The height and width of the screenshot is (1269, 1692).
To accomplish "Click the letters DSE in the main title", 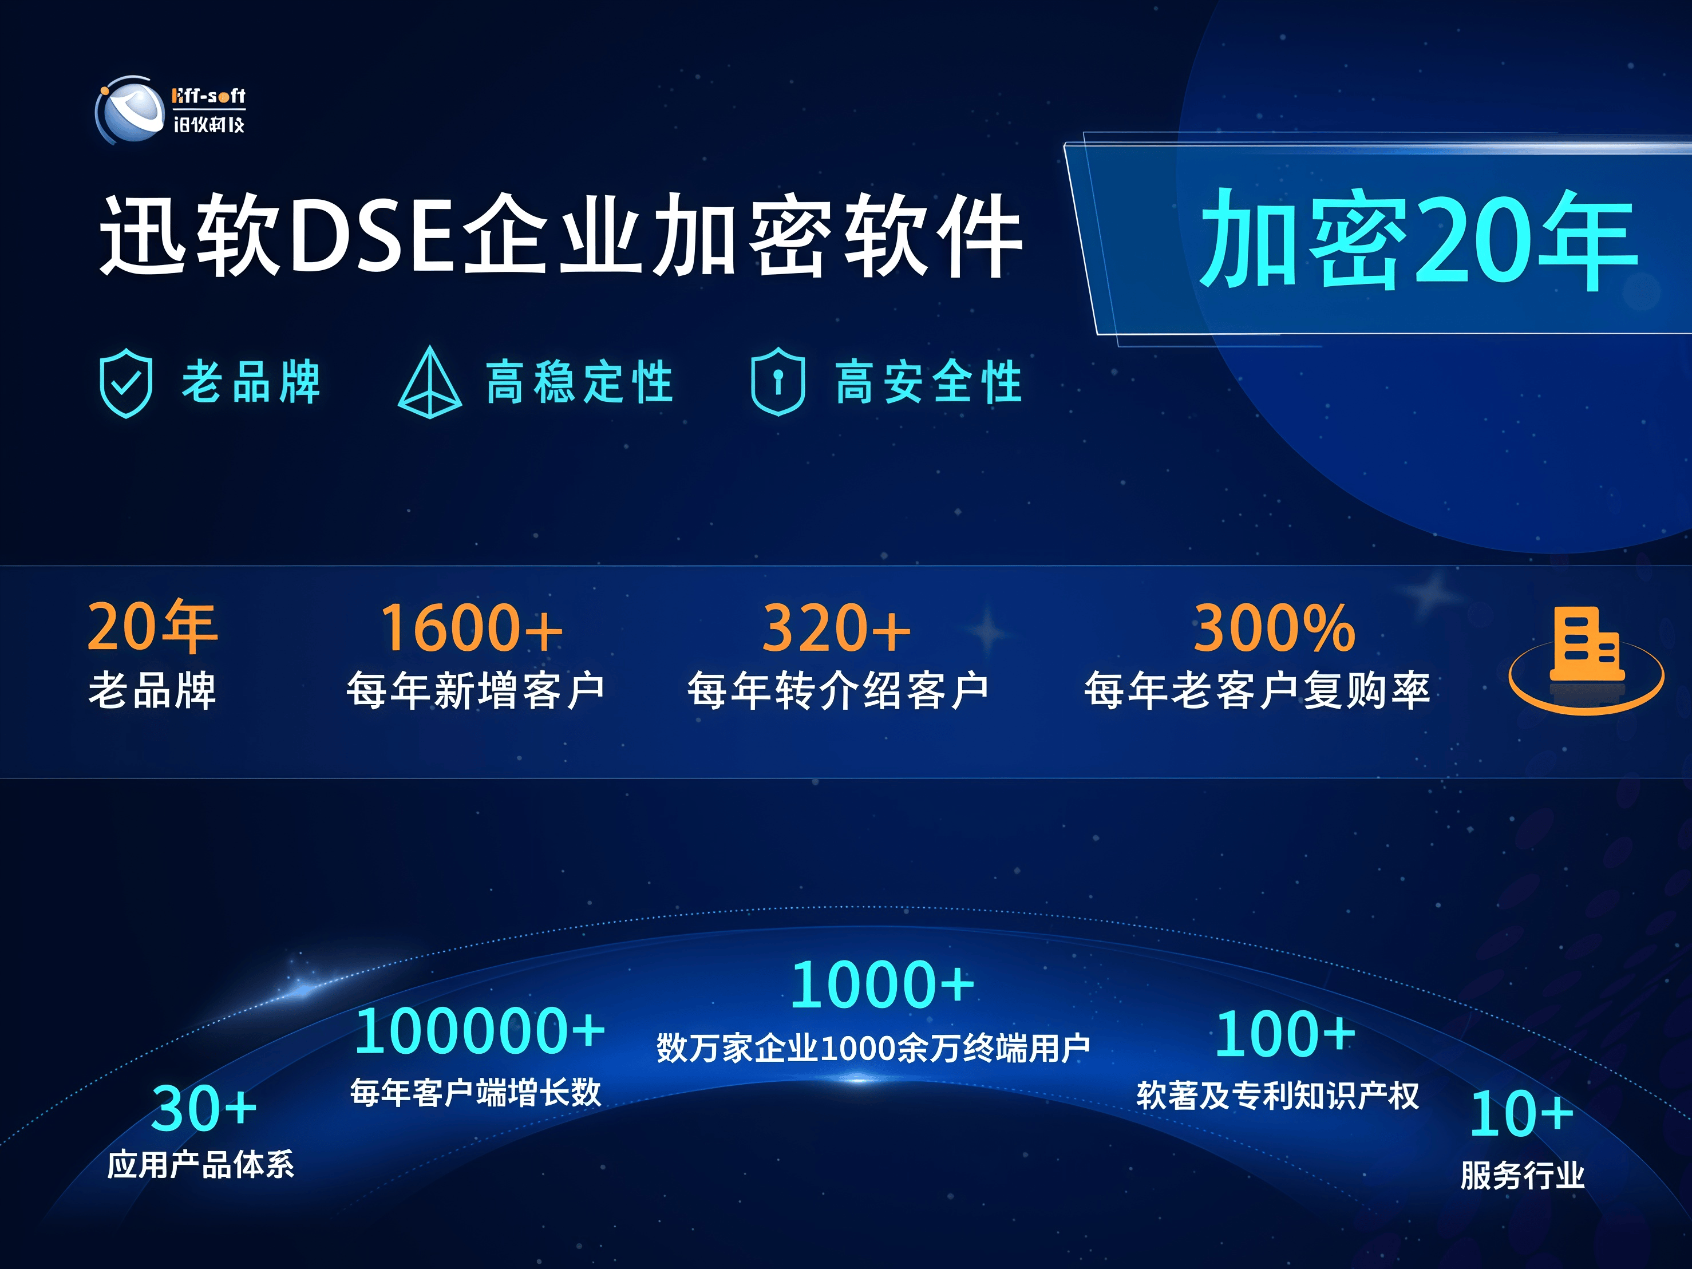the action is click(x=375, y=234).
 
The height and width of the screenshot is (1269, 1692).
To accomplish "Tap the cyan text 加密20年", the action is click(x=1419, y=239).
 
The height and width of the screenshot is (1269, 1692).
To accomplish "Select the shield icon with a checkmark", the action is click(x=126, y=382).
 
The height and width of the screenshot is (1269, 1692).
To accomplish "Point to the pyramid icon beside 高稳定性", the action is click(x=430, y=382).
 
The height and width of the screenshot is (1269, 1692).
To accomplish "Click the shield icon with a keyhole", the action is click(x=778, y=381).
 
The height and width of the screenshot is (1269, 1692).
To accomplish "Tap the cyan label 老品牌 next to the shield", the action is click(x=251, y=381).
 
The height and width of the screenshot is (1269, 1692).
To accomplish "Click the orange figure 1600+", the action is click(x=472, y=628).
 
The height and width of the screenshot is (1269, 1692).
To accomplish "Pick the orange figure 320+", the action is click(x=836, y=628).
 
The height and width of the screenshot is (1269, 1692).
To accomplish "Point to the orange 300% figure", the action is click(x=1274, y=628).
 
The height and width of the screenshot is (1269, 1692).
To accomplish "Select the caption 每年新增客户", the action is click(x=476, y=690).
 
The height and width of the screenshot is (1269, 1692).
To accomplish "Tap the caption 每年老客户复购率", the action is click(x=1257, y=690).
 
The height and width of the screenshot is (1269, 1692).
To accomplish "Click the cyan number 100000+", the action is click(x=480, y=1030).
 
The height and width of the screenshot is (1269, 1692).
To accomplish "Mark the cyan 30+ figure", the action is click(x=203, y=1108).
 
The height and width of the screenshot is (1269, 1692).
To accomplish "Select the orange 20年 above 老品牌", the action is click(x=153, y=626).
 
